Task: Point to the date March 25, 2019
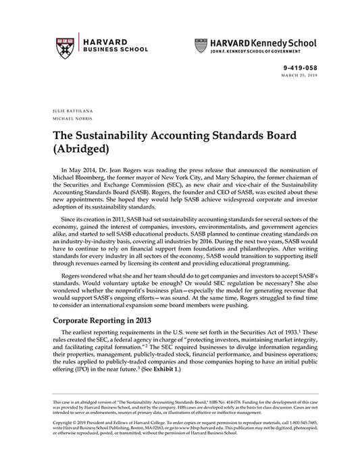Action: (299, 75)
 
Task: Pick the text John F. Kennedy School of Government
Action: (254, 51)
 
